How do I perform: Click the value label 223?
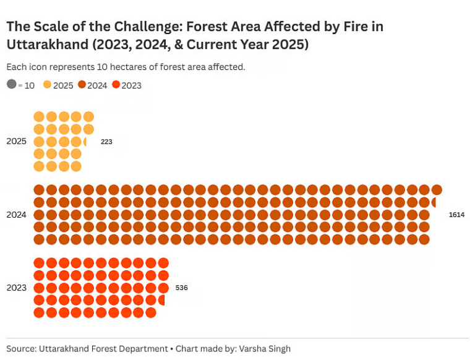(106, 142)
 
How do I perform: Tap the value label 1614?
(456, 215)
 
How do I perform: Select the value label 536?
(181, 288)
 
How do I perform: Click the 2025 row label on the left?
(16, 142)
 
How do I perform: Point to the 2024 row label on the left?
(16, 215)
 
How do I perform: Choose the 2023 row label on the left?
(16, 288)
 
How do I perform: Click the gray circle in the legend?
(12, 85)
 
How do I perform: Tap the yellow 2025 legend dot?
(48, 85)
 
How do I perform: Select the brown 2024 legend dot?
(82, 85)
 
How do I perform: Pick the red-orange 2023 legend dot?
(116, 85)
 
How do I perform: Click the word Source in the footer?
(20, 349)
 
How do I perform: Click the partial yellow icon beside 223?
(85, 142)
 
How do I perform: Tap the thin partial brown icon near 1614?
(435, 202)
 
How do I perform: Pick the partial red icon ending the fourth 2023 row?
(161, 300)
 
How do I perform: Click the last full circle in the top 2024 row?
(437, 190)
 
